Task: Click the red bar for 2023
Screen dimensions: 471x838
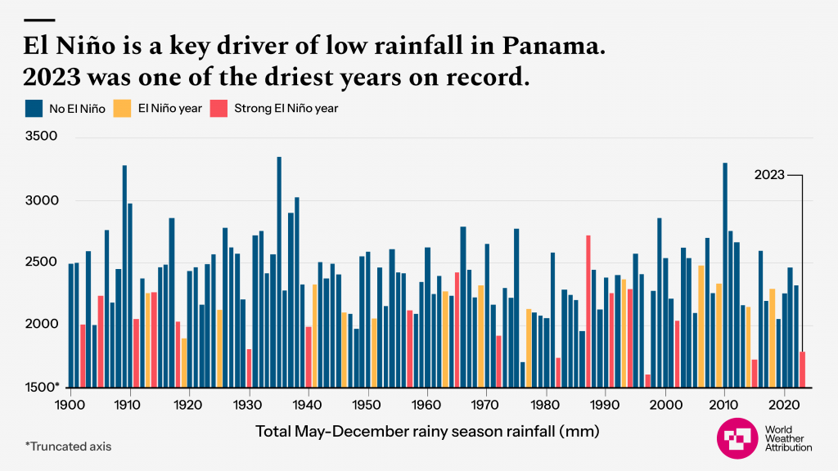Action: (x=803, y=370)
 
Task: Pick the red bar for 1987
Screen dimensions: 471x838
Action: (x=588, y=312)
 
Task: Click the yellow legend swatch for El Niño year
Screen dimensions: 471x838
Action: (x=122, y=108)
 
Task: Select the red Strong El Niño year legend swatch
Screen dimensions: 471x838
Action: (x=219, y=108)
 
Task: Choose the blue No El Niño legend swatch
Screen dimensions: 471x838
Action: (x=34, y=108)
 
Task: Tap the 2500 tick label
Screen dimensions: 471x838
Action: (x=41, y=262)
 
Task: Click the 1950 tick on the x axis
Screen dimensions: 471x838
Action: (x=367, y=404)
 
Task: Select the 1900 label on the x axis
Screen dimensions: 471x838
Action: (x=70, y=404)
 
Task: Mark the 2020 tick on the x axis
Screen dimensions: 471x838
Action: (x=784, y=404)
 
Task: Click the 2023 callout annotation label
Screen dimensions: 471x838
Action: (x=768, y=175)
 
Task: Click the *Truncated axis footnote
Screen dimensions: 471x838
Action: (x=68, y=446)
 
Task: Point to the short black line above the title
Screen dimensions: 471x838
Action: (x=40, y=20)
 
